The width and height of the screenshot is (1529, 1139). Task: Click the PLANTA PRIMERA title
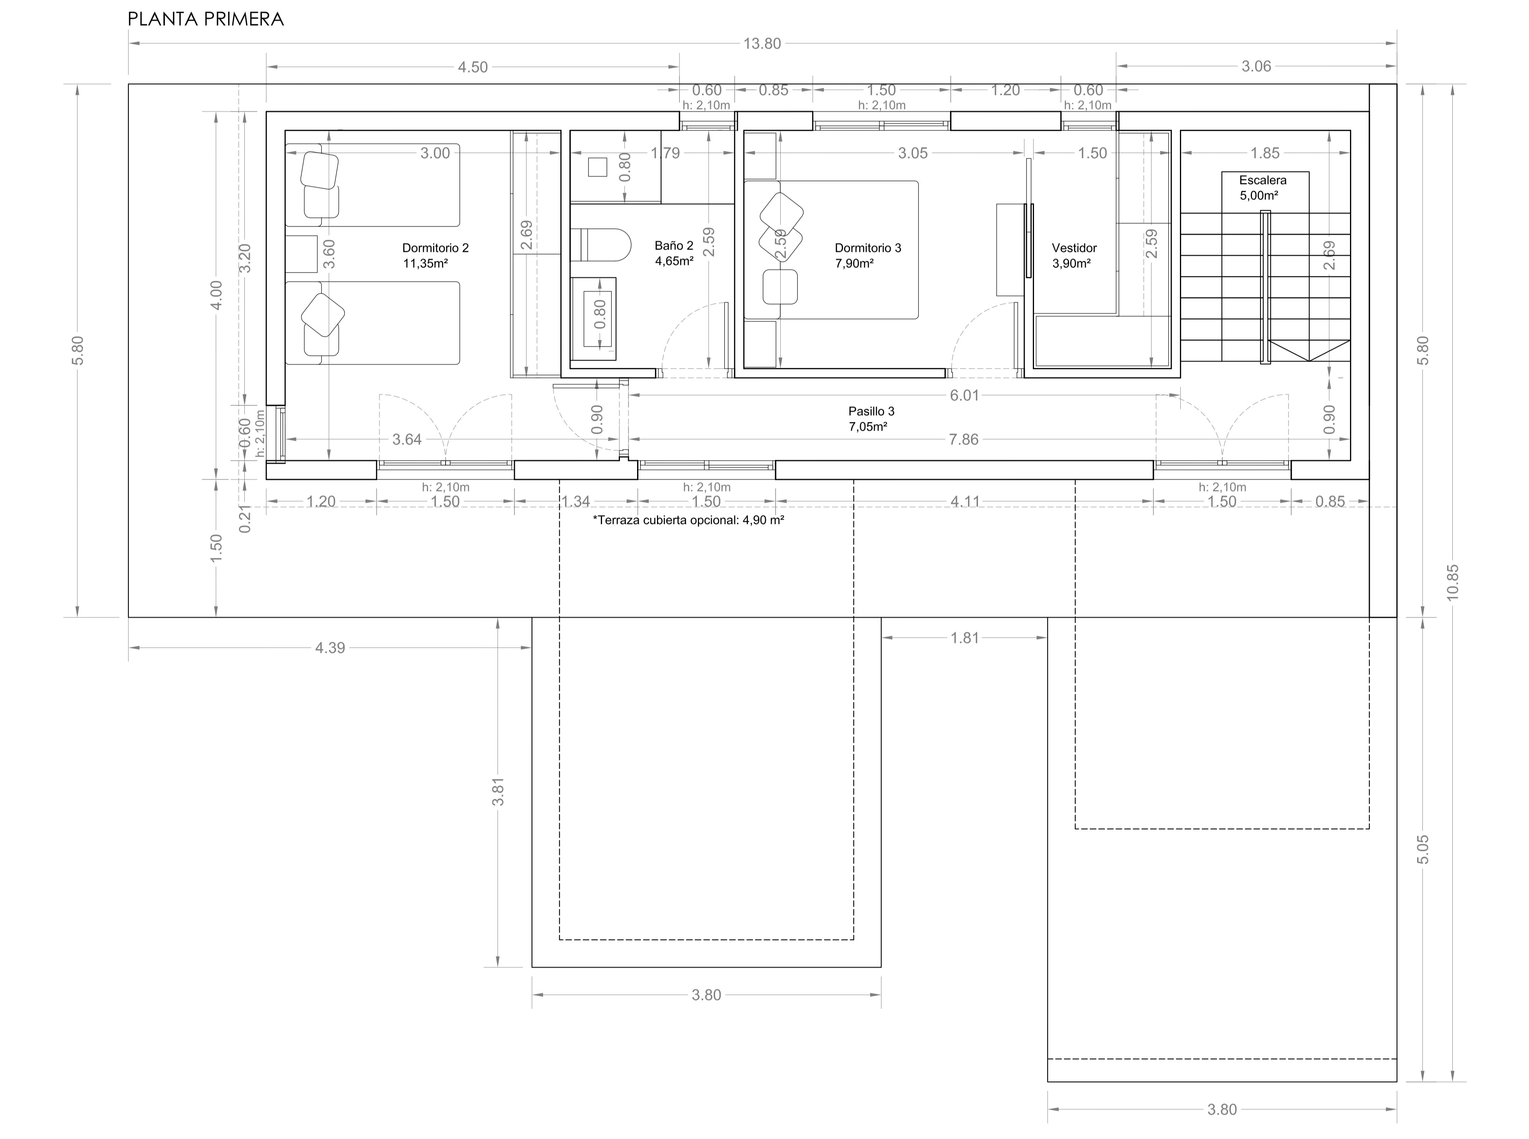tap(205, 19)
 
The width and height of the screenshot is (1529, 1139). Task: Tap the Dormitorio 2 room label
tap(435, 255)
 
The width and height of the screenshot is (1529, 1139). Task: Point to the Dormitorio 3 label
tap(867, 255)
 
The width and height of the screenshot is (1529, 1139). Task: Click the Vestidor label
tap(1073, 255)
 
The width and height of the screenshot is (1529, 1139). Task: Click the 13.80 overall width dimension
tap(762, 44)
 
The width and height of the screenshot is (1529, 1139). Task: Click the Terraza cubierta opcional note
tap(688, 520)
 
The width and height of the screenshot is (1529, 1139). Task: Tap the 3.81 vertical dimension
tap(498, 791)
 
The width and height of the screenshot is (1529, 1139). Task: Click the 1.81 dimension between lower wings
tap(964, 638)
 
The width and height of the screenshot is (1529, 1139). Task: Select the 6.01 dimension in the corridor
tap(964, 395)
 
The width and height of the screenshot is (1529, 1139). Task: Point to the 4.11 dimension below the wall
tap(964, 501)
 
